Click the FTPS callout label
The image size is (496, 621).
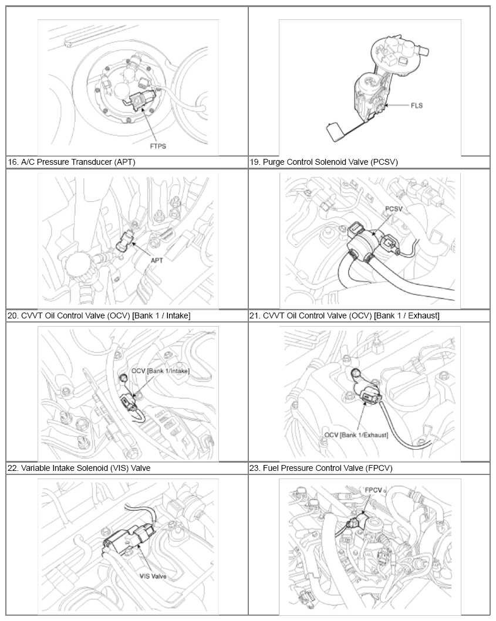[x=158, y=146]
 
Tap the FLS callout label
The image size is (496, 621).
[x=417, y=106]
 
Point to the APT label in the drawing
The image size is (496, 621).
[x=157, y=260]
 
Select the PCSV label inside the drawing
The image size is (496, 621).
[x=394, y=209]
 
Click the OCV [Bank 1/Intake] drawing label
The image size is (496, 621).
[x=160, y=371]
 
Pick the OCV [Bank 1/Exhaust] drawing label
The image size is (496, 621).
[x=356, y=435]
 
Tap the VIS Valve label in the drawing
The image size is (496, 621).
[x=153, y=576]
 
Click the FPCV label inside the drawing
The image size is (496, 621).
[x=373, y=490]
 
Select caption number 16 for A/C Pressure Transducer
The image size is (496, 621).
[x=13, y=162]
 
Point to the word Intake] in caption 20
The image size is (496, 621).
[x=178, y=315]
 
